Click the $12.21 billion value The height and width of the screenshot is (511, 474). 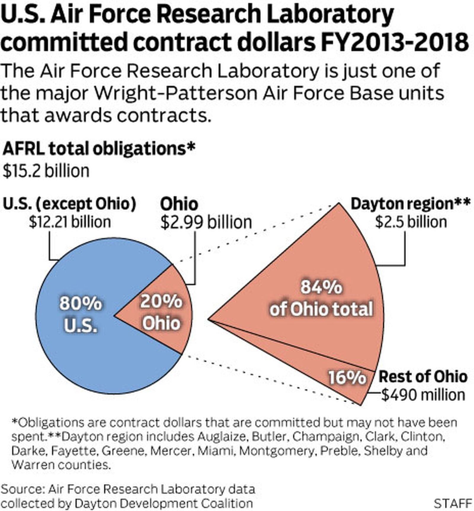click(x=70, y=222)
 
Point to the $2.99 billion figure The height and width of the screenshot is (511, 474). click(x=206, y=222)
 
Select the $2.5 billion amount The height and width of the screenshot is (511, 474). click(x=411, y=222)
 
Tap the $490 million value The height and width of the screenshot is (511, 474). click(x=423, y=395)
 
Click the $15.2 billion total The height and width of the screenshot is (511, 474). click(x=46, y=171)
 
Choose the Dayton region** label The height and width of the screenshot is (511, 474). click(x=410, y=204)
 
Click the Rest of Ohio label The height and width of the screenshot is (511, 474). click(x=423, y=377)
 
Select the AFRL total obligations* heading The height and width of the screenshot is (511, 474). click(x=99, y=148)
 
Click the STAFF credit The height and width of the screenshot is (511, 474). click(x=453, y=503)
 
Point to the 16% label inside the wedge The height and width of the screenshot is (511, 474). click(x=347, y=378)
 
